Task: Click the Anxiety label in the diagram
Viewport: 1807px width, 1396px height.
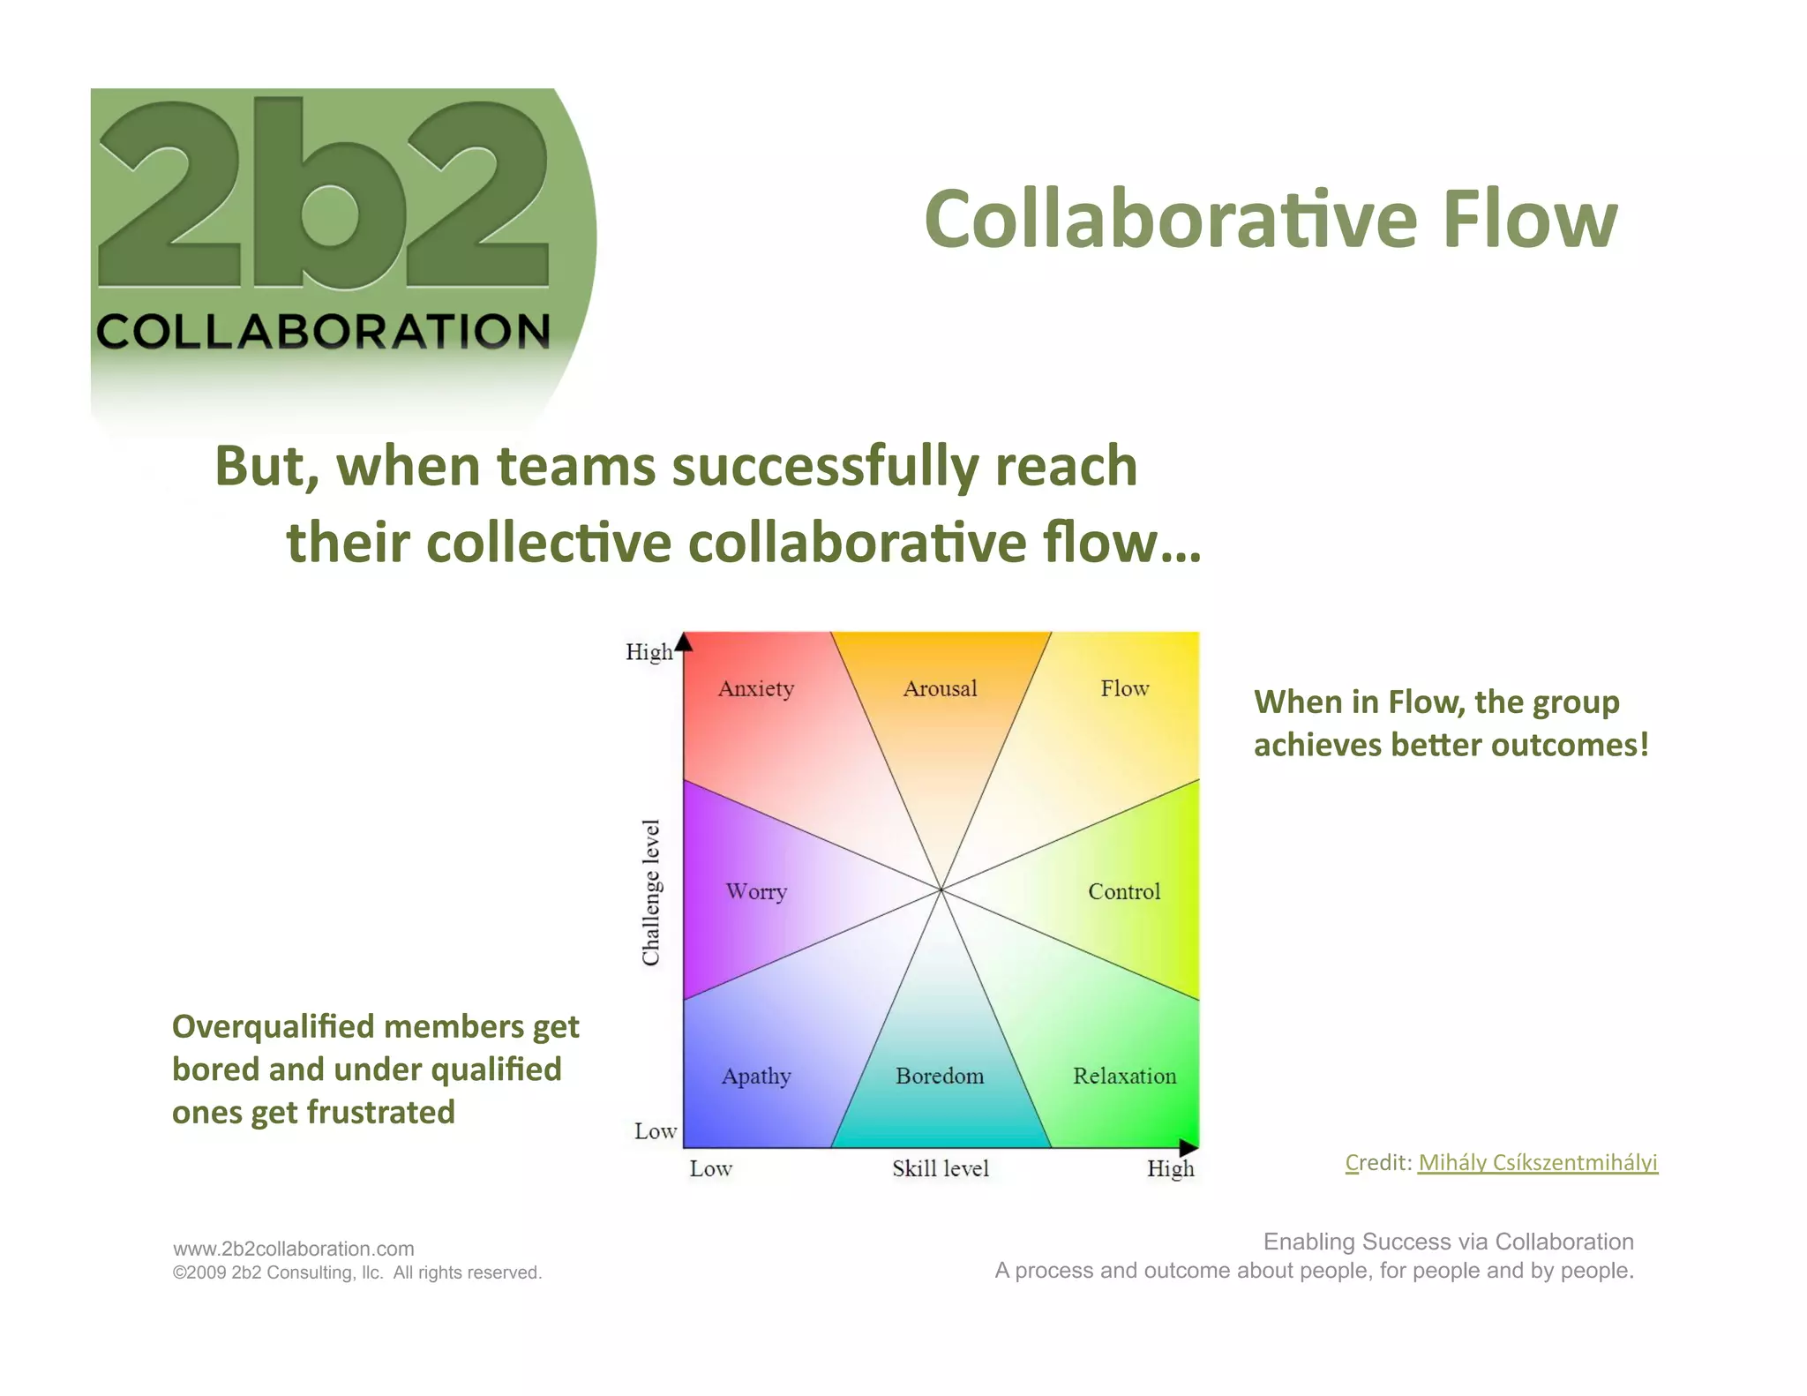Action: tap(756, 688)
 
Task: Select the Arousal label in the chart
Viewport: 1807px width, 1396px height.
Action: tap(940, 688)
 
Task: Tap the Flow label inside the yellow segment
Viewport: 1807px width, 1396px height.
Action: tap(1124, 688)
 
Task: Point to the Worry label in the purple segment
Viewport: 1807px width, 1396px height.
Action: tap(756, 891)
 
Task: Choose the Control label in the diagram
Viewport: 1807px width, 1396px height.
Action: tap(1124, 891)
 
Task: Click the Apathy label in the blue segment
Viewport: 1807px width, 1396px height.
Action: tap(756, 1077)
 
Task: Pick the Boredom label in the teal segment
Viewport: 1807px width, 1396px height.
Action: tap(940, 1077)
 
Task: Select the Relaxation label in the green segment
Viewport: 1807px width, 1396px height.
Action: tap(1124, 1077)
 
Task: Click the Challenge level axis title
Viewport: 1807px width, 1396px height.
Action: tap(651, 891)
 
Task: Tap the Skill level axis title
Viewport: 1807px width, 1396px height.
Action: tap(941, 1169)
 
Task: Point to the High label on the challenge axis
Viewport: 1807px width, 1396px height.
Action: tap(649, 652)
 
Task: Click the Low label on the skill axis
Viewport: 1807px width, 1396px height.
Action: tap(710, 1169)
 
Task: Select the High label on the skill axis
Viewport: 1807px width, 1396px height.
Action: tap(1170, 1169)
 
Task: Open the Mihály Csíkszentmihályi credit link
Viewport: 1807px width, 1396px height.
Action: tap(1537, 1162)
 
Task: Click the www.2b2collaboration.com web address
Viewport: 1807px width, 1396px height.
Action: tap(294, 1249)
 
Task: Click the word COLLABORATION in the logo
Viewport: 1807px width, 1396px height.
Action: tap(323, 332)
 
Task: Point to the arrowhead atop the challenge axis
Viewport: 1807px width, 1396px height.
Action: tap(684, 641)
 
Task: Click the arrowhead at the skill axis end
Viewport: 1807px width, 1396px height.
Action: tap(1188, 1147)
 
